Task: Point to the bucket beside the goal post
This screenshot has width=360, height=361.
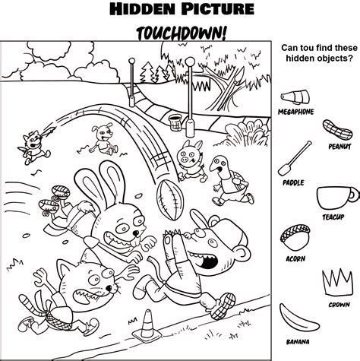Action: pyautogui.click(x=176, y=122)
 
